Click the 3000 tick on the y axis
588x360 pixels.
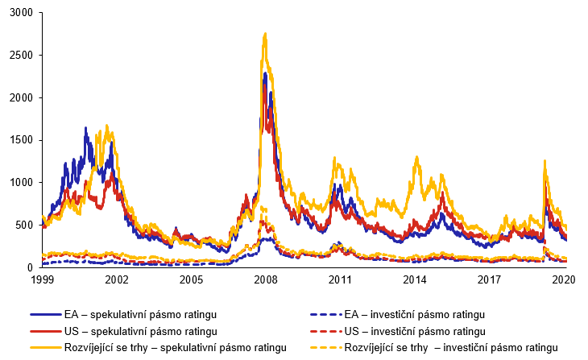[21, 14]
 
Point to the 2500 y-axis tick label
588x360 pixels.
[21, 56]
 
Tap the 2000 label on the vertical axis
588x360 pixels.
[21, 98]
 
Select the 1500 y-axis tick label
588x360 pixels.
[21, 140]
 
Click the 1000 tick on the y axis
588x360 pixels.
[21, 183]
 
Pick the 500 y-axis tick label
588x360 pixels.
[25, 225]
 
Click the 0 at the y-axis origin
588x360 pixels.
[31, 267]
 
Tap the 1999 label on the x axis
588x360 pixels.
[42, 279]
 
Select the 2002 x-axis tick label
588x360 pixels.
[117, 279]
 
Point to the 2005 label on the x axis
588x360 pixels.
[192, 279]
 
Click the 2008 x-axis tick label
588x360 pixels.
[267, 279]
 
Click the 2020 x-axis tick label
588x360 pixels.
[562, 279]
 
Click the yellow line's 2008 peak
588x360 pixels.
[265, 34]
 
